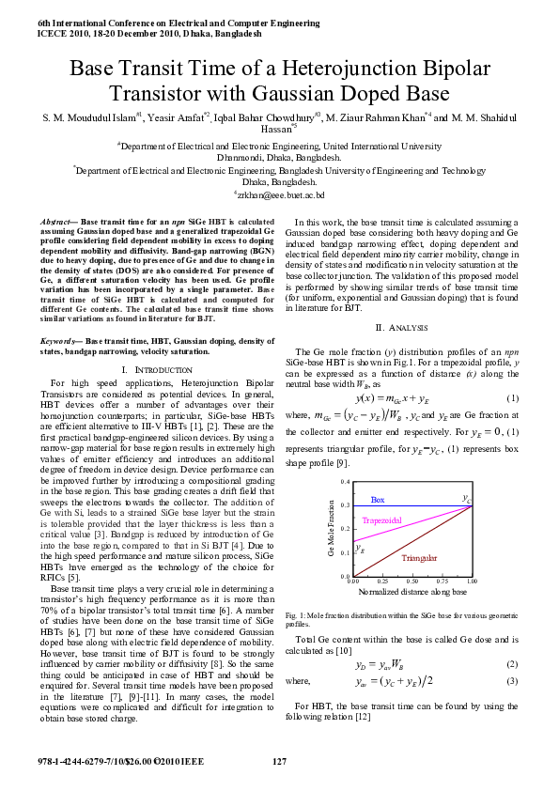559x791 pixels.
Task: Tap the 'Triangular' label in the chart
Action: pyautogui.click(x=419, y=558)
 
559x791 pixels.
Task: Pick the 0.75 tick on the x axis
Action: pyautogui.click(x=442, y=582)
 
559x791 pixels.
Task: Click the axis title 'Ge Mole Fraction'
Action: pyautogui.click(x=331, y=530)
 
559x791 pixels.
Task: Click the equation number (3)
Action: pyautogui.click(x=513, y=680)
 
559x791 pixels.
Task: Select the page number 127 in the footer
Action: pyautogui.click(x=279, y=761)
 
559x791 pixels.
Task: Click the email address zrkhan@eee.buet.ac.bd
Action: pyautogui.click(x=279, y=194)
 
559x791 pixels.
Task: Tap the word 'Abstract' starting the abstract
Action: pyautogui.click(x=59, y=220)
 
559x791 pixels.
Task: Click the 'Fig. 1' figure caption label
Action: pyautogui.click(x=293, y=614)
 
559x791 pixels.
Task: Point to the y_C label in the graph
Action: pyautogui.click(x=466, y=497)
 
